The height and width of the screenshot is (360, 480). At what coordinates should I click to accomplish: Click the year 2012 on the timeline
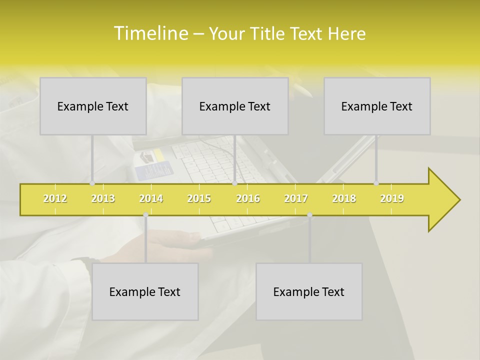coord(55,198)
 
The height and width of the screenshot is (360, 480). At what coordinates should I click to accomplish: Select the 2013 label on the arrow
coord(103,198)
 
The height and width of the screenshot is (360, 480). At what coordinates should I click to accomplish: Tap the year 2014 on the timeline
coord(151,198)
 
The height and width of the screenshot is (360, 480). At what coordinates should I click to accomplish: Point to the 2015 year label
coord(199,198)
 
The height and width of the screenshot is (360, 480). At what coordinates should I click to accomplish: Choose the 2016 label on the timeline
coord(248,198)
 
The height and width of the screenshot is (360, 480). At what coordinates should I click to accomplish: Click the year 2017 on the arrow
coord(296,198)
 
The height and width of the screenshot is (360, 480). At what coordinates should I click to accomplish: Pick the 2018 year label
coord(344,198)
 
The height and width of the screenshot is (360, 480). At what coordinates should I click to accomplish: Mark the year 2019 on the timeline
coord(392,198)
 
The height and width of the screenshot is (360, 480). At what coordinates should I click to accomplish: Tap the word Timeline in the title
coord(150,33)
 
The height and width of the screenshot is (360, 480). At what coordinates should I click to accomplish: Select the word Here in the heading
coord(346,34)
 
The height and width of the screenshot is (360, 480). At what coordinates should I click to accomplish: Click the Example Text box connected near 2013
coord(93,106)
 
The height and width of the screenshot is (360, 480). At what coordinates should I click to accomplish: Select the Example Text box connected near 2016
coord(235,106)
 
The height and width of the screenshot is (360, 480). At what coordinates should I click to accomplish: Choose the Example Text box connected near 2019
coord(377,106)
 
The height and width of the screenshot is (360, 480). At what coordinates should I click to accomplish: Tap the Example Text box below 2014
coord(145,291)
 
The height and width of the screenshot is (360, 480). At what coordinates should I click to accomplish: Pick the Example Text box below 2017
coord(309,291)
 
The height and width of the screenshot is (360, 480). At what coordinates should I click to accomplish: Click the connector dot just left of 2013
coord(92,183)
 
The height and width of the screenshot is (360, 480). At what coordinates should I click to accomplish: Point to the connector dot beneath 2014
coord(145,215)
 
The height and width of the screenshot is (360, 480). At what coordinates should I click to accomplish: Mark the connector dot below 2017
coord(309,215)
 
